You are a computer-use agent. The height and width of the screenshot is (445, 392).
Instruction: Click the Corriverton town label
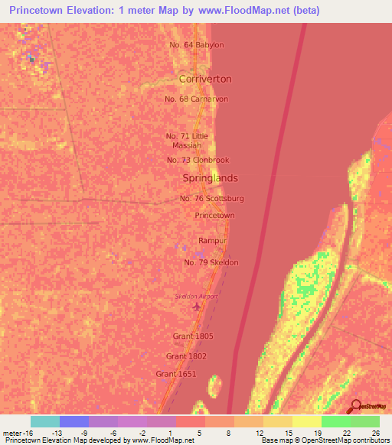click(x=204, y=79)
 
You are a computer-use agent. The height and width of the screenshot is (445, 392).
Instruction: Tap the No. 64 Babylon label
click(x=197, y=44)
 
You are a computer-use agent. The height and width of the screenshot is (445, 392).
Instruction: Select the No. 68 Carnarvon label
click(x=196, y=99)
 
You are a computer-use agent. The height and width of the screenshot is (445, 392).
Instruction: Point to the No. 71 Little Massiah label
click(x=186, y=141)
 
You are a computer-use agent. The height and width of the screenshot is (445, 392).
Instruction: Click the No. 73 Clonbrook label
click(x=198, y=160)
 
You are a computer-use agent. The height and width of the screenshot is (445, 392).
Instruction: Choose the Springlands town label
click(x=210, y=178)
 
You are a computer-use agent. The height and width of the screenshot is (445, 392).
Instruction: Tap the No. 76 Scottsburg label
click(x=211, y=198)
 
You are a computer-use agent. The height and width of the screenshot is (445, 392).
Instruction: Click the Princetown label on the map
click(x=214, y=216)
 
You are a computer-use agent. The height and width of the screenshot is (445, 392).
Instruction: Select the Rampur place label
click(x=214, y=241)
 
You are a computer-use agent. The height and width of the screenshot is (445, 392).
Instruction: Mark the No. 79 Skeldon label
click(x=211, y=262)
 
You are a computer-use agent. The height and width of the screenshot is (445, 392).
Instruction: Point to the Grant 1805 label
click(x=193, y=336)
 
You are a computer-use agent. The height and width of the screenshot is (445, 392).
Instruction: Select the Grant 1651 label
click(x=175, y=374)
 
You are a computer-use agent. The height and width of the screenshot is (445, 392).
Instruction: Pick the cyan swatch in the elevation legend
click(x=45, y=421)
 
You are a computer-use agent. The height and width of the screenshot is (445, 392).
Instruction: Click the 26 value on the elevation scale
click(x=374, y=433)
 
